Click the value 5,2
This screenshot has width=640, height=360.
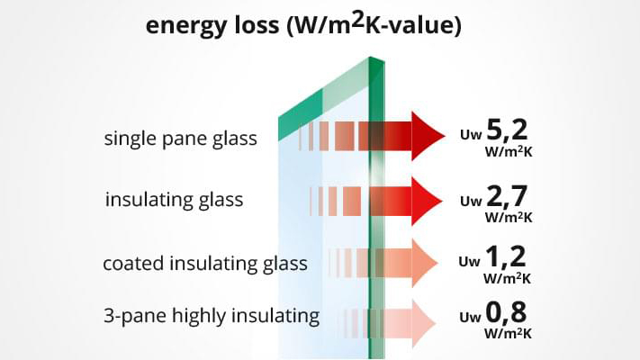click(x=507, y=130)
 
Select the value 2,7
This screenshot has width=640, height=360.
click(x=507, y=196)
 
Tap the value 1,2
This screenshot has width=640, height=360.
click(x=506, y=257)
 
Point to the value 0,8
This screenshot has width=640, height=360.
click(x=506, y=312)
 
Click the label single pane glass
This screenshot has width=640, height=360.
click(x=180, y=139)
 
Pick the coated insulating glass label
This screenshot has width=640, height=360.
click(x=205, y=264)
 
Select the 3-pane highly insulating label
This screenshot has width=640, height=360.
click(x=212, y=316)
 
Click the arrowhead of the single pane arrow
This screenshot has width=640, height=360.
click(x=428, y=136)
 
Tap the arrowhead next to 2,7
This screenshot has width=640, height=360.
click(x=427, y=201)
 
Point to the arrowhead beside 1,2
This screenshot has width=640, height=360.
click(x=425, y=263)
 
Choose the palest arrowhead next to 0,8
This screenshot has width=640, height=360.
click(x=424, y=323)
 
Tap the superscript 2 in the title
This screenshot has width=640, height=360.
click(x=357, y=20)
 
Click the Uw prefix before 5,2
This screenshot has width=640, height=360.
click(x=471, y=135)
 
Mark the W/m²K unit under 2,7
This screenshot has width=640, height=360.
click(x=509, y=218)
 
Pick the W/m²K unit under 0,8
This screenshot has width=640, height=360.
click(x=508, y=333)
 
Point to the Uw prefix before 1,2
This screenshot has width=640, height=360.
click(x=469, y=261)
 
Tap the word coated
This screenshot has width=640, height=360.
click(x=133, y=264)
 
